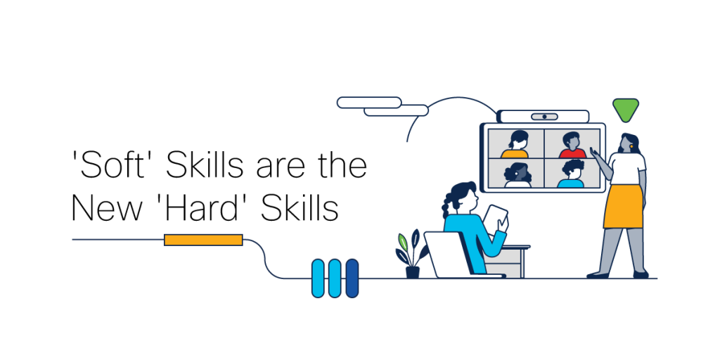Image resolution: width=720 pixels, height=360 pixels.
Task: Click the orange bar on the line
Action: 203,240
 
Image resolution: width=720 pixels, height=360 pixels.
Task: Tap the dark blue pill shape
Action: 352,278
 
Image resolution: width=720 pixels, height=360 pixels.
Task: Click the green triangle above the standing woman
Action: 625,109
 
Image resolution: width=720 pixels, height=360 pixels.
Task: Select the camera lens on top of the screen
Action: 544,117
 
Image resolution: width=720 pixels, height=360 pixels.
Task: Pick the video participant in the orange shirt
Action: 515,146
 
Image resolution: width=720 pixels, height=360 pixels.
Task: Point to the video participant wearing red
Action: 572,146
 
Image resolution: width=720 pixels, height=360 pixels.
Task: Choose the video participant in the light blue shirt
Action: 572,175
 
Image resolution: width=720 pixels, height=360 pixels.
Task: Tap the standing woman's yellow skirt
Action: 624,207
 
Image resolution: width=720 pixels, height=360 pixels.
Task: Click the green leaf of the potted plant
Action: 402,242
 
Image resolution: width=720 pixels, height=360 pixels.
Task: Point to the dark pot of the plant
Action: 412,271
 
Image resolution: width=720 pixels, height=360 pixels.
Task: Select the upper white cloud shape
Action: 368,103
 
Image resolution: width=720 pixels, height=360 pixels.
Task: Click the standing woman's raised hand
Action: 594,151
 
